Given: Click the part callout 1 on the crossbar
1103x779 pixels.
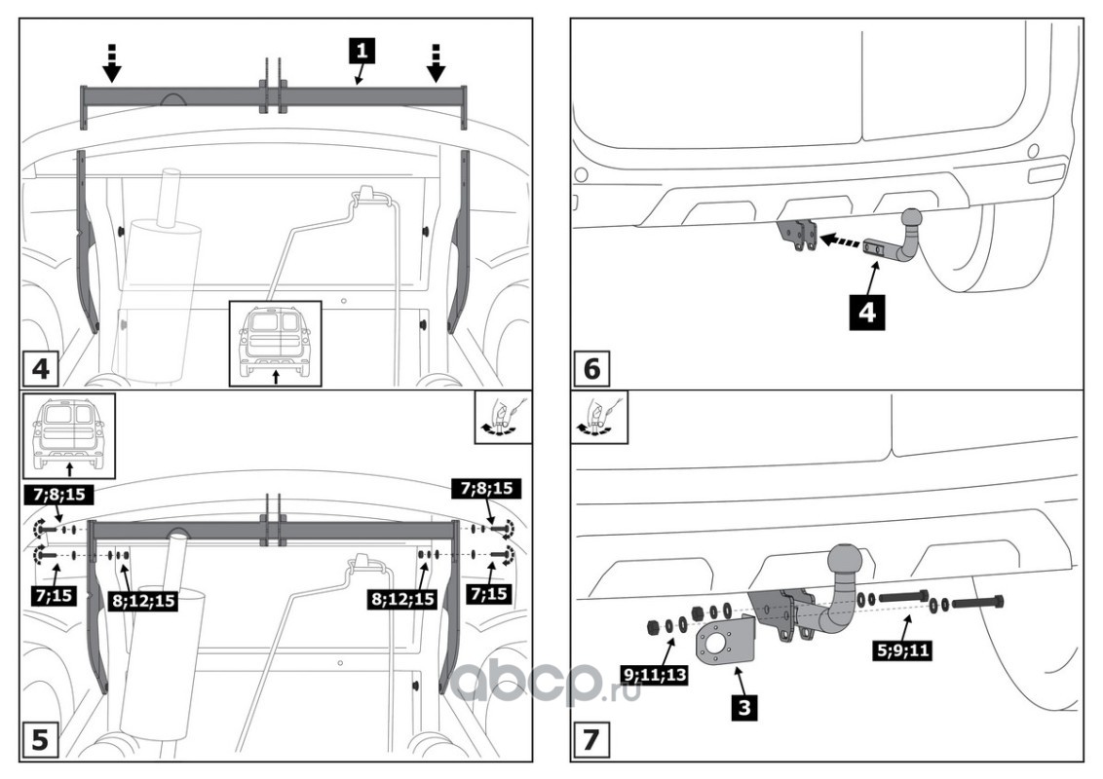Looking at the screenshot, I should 362,49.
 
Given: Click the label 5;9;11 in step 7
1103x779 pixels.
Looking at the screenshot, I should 900,645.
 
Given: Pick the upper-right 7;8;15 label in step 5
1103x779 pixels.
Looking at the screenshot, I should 486,490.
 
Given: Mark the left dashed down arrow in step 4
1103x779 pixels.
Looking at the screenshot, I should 112,61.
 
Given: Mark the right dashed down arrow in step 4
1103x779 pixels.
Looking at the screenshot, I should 437,61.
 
